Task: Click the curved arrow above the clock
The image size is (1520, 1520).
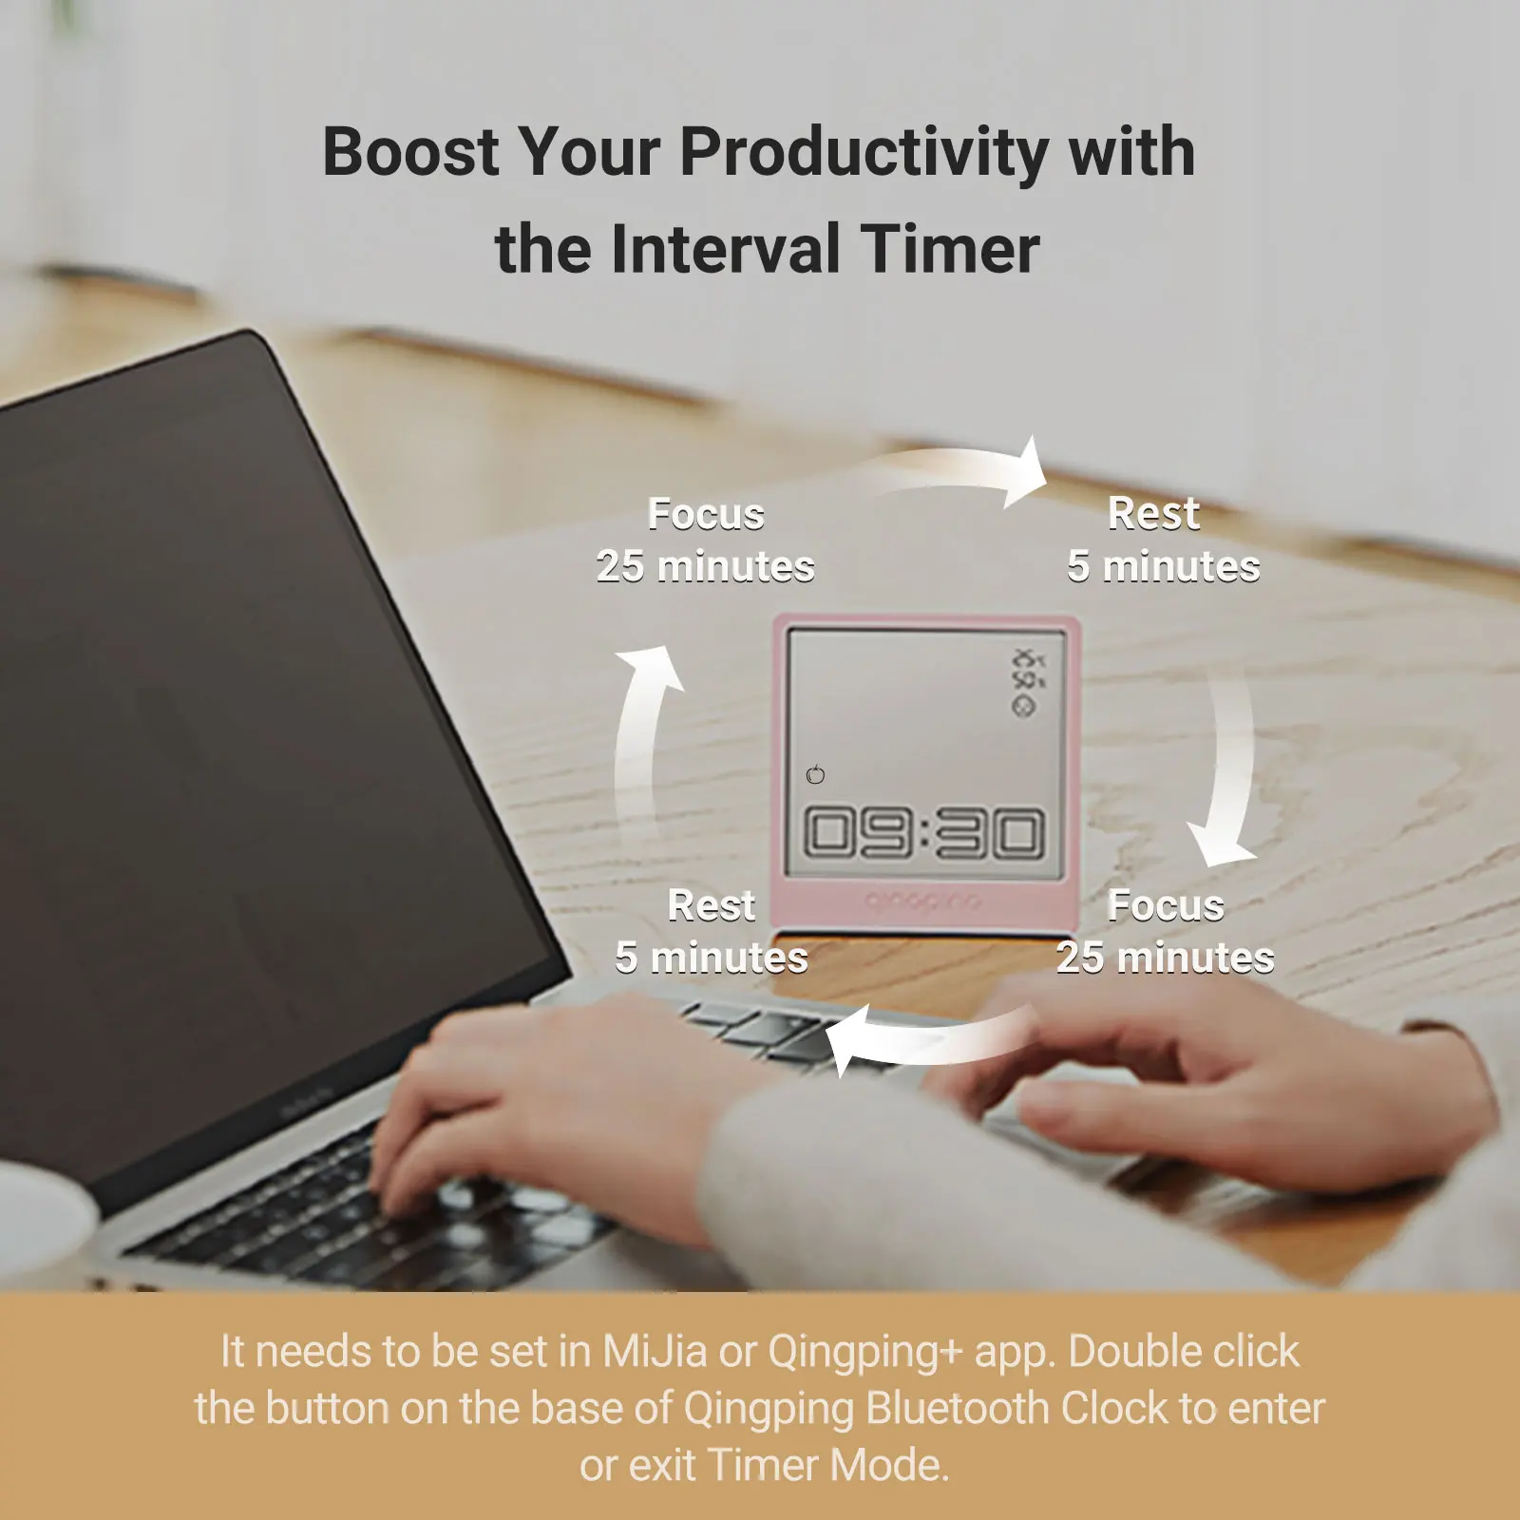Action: tap(959, 472)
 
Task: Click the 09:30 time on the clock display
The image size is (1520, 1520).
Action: tap(924, 833)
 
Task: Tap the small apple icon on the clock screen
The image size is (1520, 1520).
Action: tap(815, 774)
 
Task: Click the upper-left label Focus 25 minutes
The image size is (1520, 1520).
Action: tap(706, 540)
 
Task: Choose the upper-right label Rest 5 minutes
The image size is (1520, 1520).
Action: tap(1163, 540)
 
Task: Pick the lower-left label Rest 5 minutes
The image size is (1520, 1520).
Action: tap(712, 931)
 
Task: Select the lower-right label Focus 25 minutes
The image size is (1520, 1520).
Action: tap(1166, 931)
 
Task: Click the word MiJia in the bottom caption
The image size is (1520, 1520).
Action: tap(655, 1351)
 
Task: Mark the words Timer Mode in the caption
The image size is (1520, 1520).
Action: tap(827, 1465)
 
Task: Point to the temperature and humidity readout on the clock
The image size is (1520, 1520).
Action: tap(1027, 669)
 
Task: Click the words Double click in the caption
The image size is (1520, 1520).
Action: tap(1184, 1351)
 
